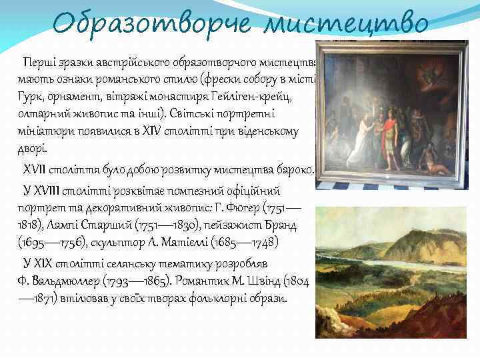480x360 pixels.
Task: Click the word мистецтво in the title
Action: tap(346, 25)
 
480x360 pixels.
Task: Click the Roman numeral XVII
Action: tap(39, 170)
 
